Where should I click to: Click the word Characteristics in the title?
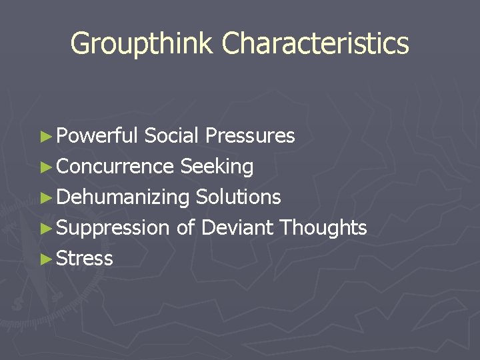coord(315,44)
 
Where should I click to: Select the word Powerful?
coord(97,136)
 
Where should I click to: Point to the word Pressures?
coord(250,136)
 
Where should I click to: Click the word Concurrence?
coord(115,167)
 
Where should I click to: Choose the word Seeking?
coord(217,167)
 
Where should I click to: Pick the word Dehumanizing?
coord(123,197)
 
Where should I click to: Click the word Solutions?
coord(239,197)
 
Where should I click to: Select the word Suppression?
coord(113,228)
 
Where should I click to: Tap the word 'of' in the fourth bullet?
coord(185,228)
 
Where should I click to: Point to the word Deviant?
coord(237,228)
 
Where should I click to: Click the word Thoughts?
coord(323,228)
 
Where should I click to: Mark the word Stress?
coord(85,259)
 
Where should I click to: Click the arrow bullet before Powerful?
coord(45,137)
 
